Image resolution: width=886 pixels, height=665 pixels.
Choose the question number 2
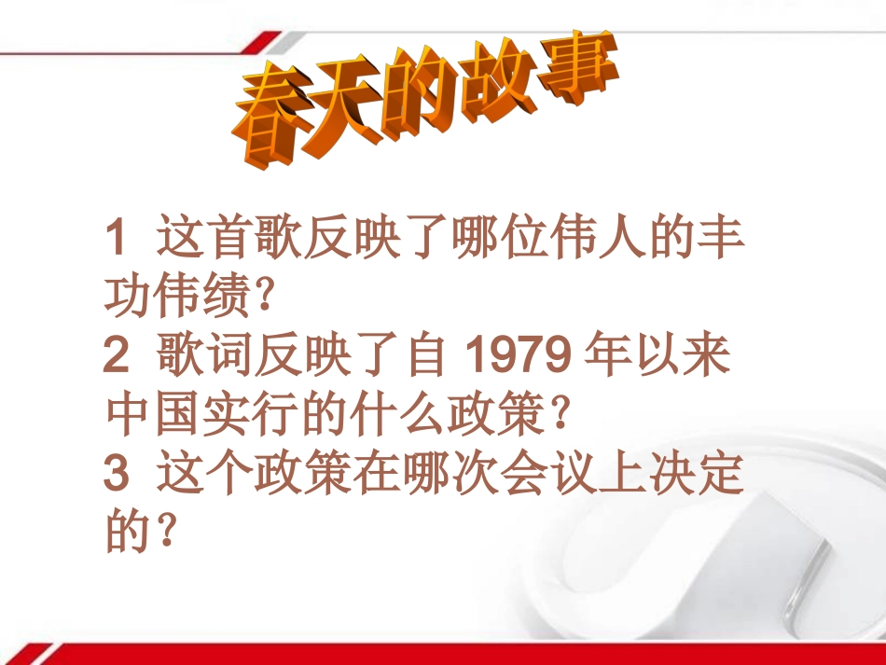(116, 356)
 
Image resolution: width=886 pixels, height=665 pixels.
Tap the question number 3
(116, 475)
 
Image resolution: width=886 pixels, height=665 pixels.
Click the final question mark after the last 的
(165, 534)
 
